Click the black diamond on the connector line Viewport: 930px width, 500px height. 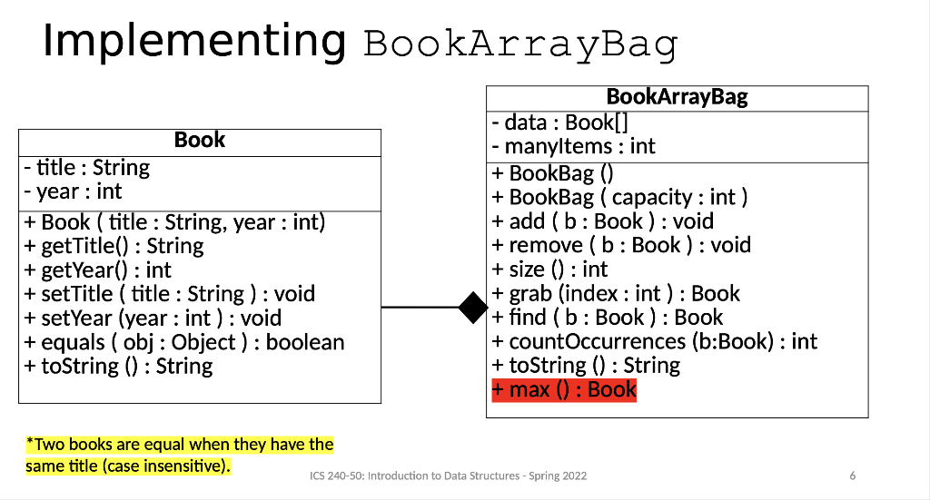tap(473, 308)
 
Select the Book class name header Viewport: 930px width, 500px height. tap(200, 140)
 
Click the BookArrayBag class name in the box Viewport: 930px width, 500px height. tap(677, 97)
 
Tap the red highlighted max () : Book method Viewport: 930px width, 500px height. tap(564, 390)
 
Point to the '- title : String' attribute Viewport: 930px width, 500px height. tap(87, 168)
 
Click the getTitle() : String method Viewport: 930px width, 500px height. tap(114, 246)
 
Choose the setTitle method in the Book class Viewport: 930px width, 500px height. tap(170, 294)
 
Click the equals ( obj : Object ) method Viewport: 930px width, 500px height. tap(184, 342)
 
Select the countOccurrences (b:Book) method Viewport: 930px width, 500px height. tap(654, 341)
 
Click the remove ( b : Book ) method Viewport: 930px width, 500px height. tap(621, 245)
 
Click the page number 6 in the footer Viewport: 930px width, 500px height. tap(852, 475)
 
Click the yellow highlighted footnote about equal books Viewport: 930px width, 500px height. tap(180, 456)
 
